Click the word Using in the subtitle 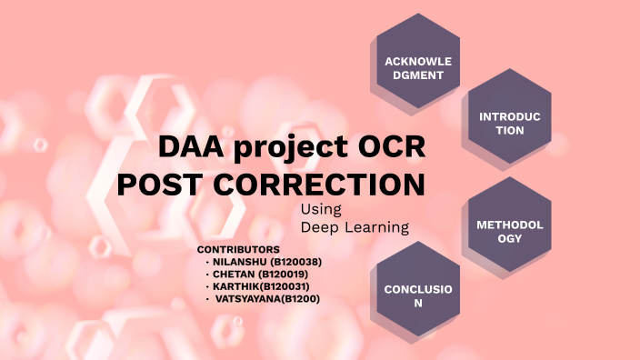point(320,210)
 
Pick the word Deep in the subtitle point(319,226)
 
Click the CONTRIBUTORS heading point(238,249)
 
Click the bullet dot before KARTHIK point(208,286)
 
